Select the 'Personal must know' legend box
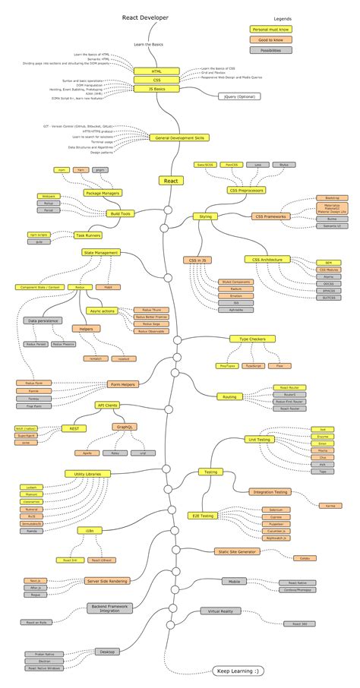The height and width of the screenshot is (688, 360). pos(270,29)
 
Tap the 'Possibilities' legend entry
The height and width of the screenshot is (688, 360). pos(270,50)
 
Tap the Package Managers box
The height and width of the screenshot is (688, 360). pos(104,194)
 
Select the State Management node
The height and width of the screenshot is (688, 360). pos(101,252)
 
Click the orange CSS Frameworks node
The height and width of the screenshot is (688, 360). pos(271,216)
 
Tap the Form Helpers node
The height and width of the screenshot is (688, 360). pos(123,384)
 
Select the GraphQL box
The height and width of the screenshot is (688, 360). pos(125,427)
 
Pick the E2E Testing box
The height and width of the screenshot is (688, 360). pos(204,516)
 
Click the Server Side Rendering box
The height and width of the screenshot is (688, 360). pos(107,581)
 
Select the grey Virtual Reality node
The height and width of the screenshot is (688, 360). pos(220,611)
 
